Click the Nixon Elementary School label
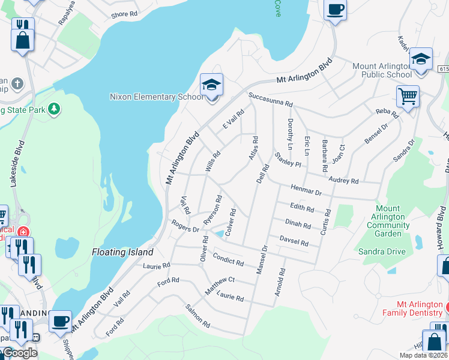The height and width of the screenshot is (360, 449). pyautogui.click(x=157, y=97)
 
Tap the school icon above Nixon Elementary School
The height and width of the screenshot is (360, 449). pyautogui.click(x=211, y=86)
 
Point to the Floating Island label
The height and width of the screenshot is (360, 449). pyautogui.click(x=122, y=252)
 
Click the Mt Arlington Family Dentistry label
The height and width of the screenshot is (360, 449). pyautogui.click(x=414, y=308)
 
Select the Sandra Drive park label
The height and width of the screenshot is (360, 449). pyautogui.click(x=382, y=251)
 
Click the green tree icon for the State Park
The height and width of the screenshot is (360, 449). pyautogui.click(x=55, y=109)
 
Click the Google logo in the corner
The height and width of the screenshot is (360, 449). pyautogui.click(x=19, y=353)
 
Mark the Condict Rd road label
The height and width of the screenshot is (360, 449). pyautogui.click(x=228, y=260)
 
